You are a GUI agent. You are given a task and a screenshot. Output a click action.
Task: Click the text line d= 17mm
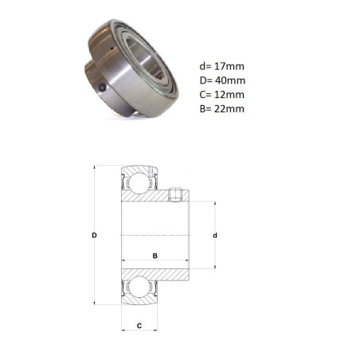(x=222, y=66)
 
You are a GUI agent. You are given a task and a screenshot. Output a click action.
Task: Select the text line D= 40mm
(x=222, y=80)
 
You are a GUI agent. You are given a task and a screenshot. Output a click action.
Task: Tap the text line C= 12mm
(x=222, y=95)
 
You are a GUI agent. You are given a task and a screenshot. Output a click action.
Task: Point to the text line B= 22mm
(x=222, y=109)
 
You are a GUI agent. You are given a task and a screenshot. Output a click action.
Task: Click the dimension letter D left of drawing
(x=94, y=235)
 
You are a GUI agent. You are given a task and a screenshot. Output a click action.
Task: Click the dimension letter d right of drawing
(x=215, y=236)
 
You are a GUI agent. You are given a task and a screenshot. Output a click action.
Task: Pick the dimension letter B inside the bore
(x=155, y=256)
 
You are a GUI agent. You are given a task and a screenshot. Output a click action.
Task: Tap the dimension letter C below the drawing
(x=139, y=326)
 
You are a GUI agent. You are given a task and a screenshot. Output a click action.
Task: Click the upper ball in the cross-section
(x=139, y=182)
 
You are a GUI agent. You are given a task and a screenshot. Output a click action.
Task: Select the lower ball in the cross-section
(x=139, y=287)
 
